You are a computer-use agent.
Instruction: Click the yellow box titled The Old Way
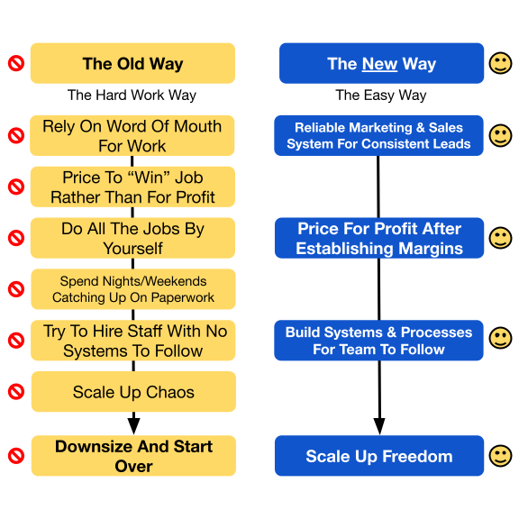pyautogui.click(x=132, y=63)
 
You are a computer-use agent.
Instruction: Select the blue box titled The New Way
pyautogui.click(x=381, y=63)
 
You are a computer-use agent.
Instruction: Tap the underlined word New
pyautogui.click(x=379, y=64)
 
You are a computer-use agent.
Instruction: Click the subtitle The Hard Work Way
pyautogui.click(x=132, y=96)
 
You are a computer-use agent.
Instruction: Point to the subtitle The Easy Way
pyautogui.click(x=381, y=96)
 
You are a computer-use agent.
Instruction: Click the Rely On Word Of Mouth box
pyautogui.click(x=132, y=135)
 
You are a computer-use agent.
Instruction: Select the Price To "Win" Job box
pyautogui.click(x=132, y=187)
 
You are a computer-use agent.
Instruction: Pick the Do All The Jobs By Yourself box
pyautogui.click(x=132, y=238)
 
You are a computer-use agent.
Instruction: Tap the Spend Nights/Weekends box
pyautogui.click(x=133, y=289)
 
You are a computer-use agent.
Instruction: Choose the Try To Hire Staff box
pyautogui.click(x=133, y=341)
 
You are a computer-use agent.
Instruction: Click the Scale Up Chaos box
pyautogui.click(x=133, y=392)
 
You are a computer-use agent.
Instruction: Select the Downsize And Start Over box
pyautogui.click(x=133, y=456)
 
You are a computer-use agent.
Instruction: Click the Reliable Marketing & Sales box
pyautogui.click(x=378, y=135)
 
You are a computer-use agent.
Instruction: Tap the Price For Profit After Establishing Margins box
pyautogui.click(x=379, y=238)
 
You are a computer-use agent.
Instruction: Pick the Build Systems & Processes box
pyautogui.click(x=378, y=341)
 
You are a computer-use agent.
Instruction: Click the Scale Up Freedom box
pyautogui.click(x=379, y=456)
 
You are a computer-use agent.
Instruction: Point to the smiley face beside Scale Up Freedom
pyautogui.click(x=500, y=456)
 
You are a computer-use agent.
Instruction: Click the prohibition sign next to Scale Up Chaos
pyautogui.click(x=16, y=392)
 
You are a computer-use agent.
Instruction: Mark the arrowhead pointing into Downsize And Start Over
pyautogui.click(x=133, y=426)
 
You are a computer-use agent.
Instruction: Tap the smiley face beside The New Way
pyautogui.click(x=500, y=63)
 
